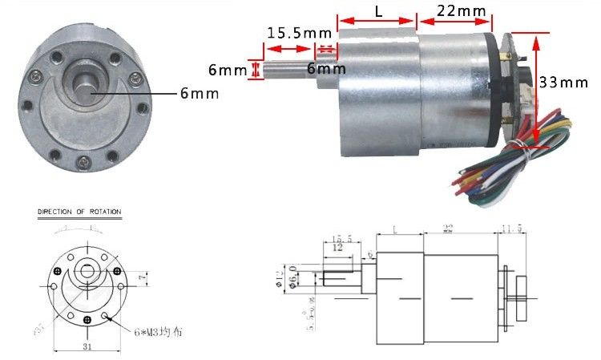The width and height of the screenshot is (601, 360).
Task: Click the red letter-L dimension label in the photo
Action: (x=377, y=11)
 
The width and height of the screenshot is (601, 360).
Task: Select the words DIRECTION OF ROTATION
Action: (x=79, y=212)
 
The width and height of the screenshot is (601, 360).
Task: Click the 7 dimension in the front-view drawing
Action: (x=140, y=277)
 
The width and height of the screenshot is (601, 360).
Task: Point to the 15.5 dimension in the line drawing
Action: (x=342, y=238)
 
